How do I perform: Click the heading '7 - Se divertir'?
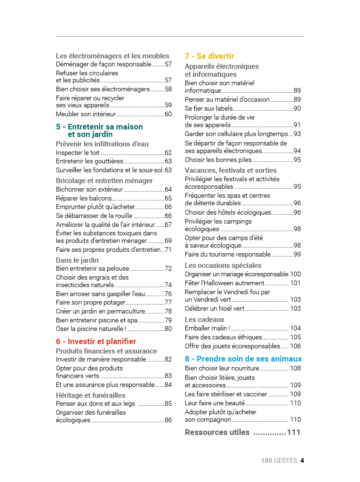pyautogui.click(x=209, y=56)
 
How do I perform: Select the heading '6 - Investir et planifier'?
pyautogui.click(x=96, y=341)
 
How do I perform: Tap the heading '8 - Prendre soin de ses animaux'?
pyautogui.click(x=243, y=359)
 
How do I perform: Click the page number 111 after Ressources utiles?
pyautogui.click(x=294, y=432)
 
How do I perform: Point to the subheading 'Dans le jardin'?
pyautogui.click(x=77, y=260)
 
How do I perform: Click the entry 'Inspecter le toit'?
pyautogui.click(x=78, y=153)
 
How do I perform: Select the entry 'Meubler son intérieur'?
pyautogui.click(x=86, y=114)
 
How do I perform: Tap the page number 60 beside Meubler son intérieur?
pyautogui.click(x=168, y=114)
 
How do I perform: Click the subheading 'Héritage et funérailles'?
pyautogui.click(x=90, y=395)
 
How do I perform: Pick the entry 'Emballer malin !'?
pyautogui.click(x=208, y=328)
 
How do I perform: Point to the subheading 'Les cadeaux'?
pyautogui.click(x=204, y=320)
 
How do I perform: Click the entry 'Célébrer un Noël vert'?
pyautogui.click(x=215, y=308)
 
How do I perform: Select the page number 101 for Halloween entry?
pyautogui.click(x=295, y=283)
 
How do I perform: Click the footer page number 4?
pyautogui.click(x=303, y=460)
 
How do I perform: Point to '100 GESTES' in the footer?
pyautogui.click(x=279, y=460)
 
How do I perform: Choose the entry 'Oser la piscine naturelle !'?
pyautogui.click(x=91, y=329)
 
